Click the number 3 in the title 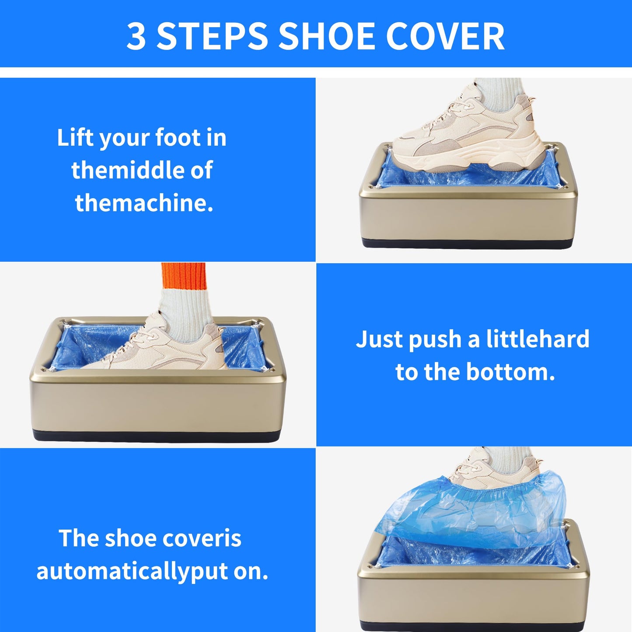click(x=136, y=36)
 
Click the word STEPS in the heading click(x=212, y=36)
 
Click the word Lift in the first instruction click(x=75, y=138)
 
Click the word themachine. click(x=144, y=203)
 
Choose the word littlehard click(x=538, y=339)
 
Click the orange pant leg click(x=184, y=276)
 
